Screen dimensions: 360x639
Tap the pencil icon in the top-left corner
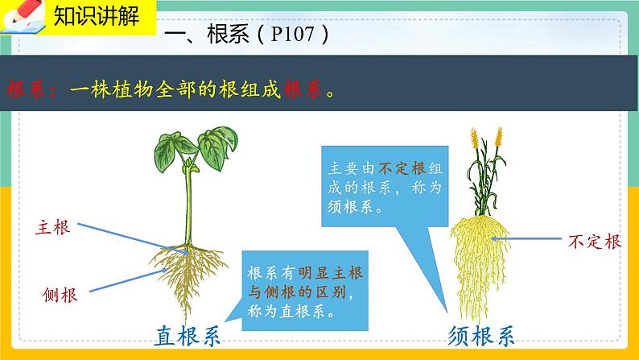tap(19, 16)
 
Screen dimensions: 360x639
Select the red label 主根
tap(54, 227)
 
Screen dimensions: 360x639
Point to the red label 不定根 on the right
tap(594, 240)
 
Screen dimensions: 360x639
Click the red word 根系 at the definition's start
tap(30, 89)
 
